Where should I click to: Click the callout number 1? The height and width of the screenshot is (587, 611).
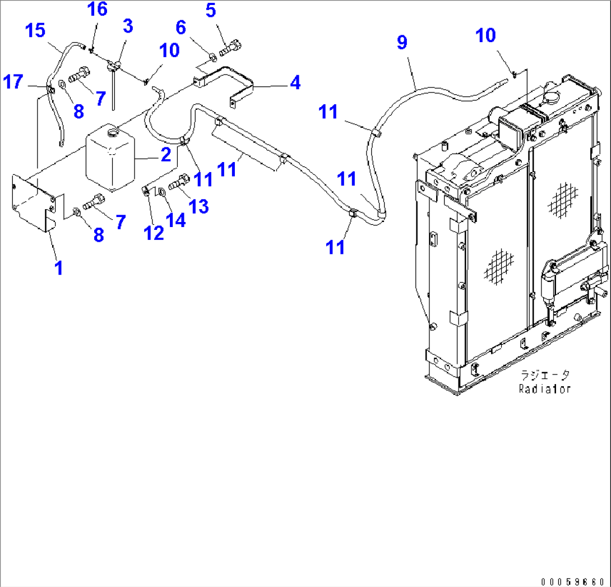click(x=58, y=267)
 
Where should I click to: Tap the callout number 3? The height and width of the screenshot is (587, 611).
click(x=128, y=26)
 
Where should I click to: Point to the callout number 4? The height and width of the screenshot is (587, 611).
click(x=295, y=83)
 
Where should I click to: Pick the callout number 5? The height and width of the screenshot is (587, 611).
click(x=210, y=11)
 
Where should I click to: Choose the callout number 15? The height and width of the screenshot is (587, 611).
click(x=35, y=30)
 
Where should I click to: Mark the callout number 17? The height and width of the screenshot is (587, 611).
click(x=13, y=82)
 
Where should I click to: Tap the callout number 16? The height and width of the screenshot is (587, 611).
click(x=97, y=10)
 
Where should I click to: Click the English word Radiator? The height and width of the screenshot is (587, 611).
click(x=544, y=389)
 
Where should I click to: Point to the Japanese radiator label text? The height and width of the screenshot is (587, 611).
click(x=545, y=375)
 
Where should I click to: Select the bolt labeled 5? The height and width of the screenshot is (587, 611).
click(x=230, y=49)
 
